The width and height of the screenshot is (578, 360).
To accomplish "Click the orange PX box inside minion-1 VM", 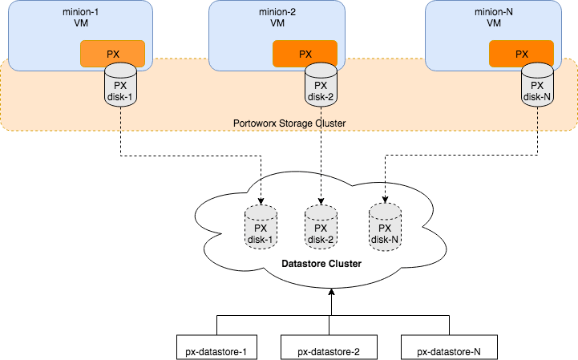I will point(112,54).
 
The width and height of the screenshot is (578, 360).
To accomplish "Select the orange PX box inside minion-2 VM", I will point(305,54).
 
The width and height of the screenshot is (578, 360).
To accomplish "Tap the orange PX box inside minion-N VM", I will point(521,54).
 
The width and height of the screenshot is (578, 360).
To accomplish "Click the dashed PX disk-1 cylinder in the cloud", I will point(260,226).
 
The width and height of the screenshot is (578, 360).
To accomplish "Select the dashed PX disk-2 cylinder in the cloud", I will point(321,226).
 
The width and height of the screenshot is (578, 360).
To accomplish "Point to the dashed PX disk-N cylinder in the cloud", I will point(384,226).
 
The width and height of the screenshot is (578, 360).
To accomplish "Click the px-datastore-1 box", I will point(216,350).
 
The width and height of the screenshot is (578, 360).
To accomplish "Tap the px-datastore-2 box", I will point(329,350).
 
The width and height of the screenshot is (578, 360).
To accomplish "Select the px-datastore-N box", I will point(449,350).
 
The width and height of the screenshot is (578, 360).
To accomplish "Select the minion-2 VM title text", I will point(276,19).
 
